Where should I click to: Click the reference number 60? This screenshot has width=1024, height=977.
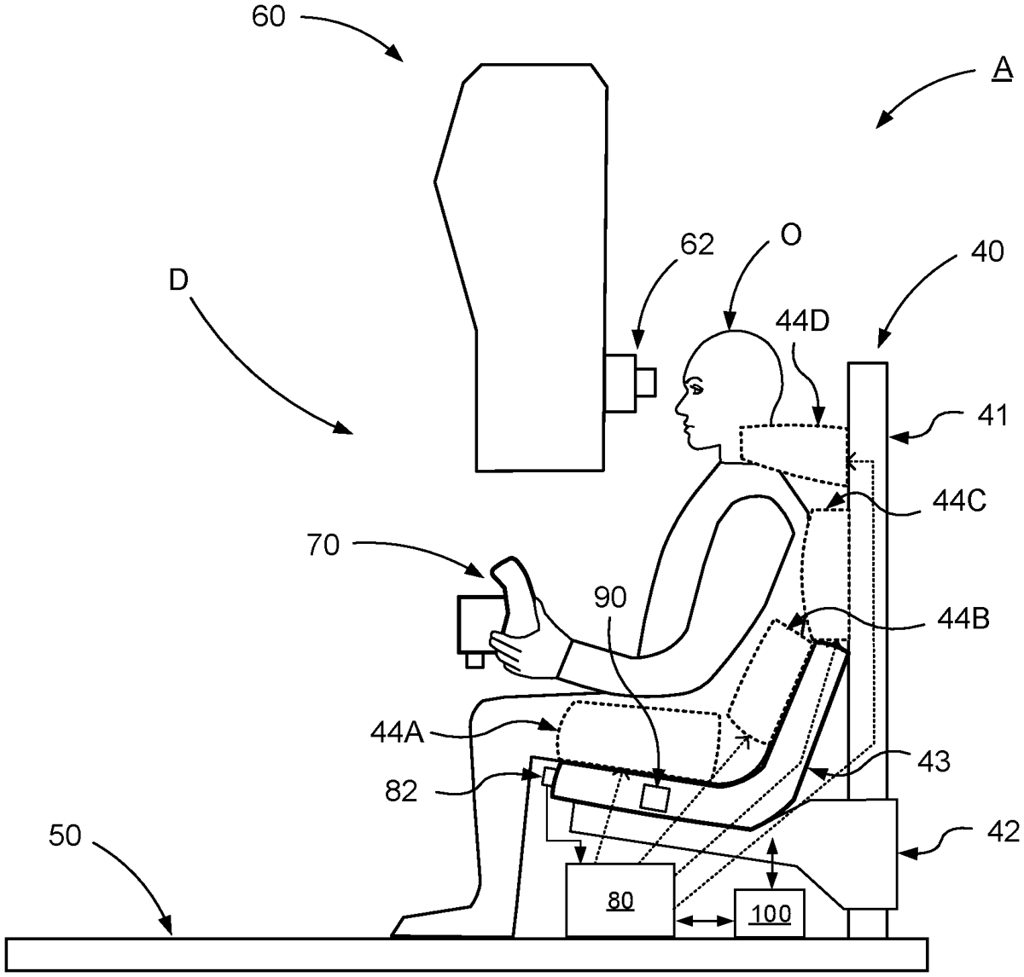click(268, 17)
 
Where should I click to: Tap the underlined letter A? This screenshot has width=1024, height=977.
click(1002, 69)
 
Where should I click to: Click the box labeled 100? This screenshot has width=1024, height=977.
click(770, 912)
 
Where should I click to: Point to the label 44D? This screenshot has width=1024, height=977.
click(803, 321)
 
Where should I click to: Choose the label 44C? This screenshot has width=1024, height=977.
click(959, 501)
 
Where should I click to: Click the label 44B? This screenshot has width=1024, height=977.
click(963, 620)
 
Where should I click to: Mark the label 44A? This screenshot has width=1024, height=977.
click(398, 732)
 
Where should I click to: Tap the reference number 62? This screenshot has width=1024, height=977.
click(697, 244)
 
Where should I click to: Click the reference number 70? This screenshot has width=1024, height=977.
click(323, 545)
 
